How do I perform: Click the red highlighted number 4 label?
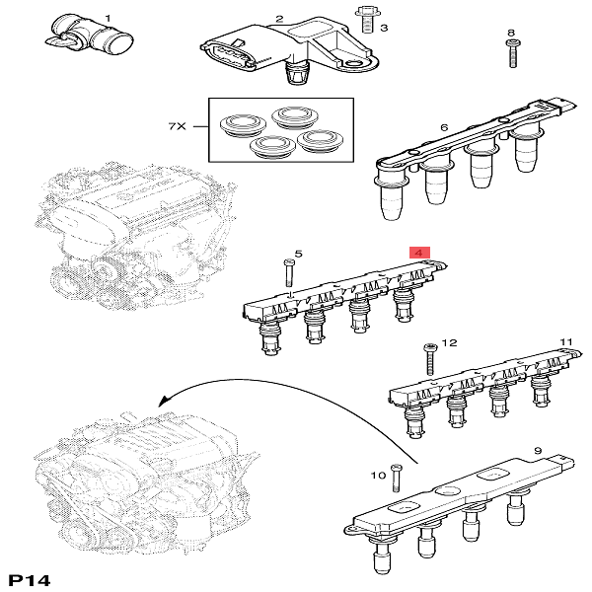(x=420, y=253)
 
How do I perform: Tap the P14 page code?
(x=29, y=580)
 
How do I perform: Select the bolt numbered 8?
(x=512, y=53)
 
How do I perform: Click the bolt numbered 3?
(x=365, y=20)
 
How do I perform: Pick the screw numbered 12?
(x=429, y=359)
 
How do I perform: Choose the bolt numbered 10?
(x=396, y=478)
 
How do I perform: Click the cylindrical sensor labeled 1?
(x=89, y=37)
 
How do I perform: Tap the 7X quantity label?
(x=177, y=126)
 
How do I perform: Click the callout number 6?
(x=444, y=127)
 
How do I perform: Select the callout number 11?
(x=566, y=342)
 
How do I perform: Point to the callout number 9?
(x=538, y=451)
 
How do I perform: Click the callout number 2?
(x=279, y=19)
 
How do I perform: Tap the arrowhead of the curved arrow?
(x=164, y=401)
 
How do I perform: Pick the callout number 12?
(x=449, y=342)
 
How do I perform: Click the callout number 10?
(x=378, y=476)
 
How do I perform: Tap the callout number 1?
(x=108, y=18)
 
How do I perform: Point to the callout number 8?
(x=511, y=33)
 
